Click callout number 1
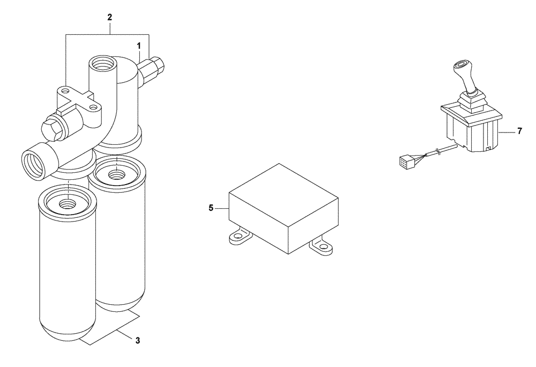pyautogui.click(x=139, y=47)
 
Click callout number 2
pyautogui.click(x=109, y=17)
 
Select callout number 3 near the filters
pyautogui.click(x=138, y=340)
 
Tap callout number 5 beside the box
pyautogui.click(x=211, y=207)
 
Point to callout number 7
pyautogui.click(x=519, y=131)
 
